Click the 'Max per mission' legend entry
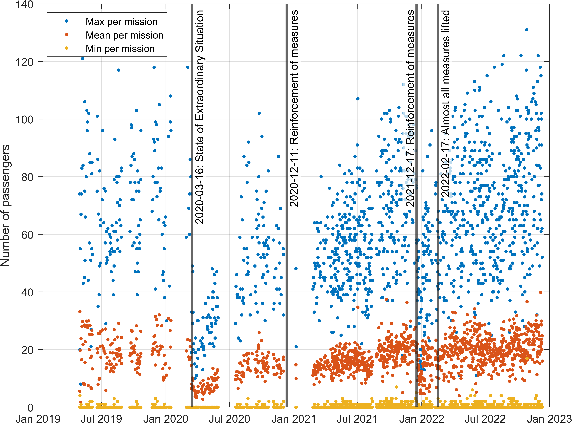(121, 22)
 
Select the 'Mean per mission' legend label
(124, 35)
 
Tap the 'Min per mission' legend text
(120, 49)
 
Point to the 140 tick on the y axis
(25, 5)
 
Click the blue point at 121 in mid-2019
(83, 59)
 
